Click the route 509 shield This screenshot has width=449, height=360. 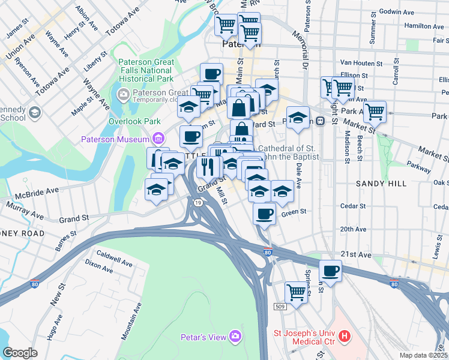point(280,307)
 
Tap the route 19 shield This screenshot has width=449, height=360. point(197,204)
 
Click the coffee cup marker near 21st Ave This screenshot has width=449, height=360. point(330,271)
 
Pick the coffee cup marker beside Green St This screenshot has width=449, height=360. point(264,213)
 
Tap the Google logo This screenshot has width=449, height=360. point(20,353)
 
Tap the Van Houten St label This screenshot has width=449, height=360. point(361,63)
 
